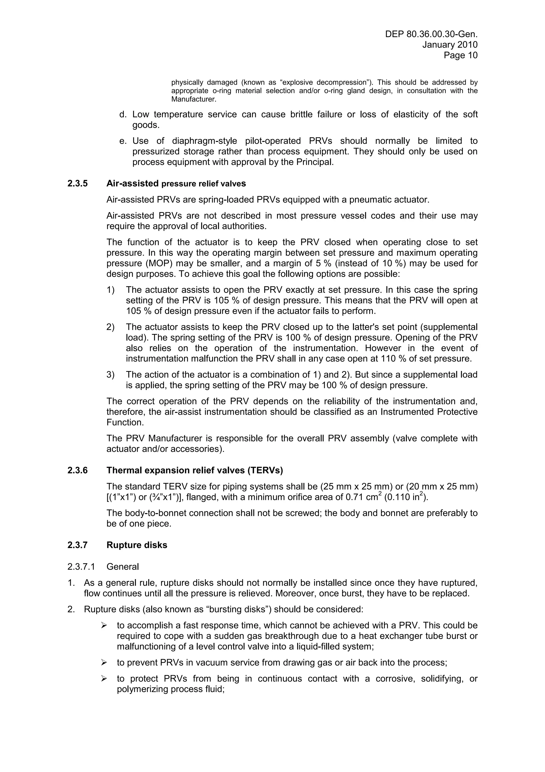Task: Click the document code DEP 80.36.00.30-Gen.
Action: point(431,34)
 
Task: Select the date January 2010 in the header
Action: point(450,45)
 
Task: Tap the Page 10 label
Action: point(460,55)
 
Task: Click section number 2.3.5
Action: point(77,184)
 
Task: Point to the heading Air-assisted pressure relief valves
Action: point(176,184)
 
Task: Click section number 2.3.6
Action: point(77,470)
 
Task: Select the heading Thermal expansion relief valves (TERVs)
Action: point(195,470)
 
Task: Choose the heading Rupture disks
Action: point(137,545)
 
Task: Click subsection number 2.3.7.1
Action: point(81,567)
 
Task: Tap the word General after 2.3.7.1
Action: point(123,567)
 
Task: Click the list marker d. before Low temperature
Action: point(123,115)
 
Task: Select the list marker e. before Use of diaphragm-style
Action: point(123,141)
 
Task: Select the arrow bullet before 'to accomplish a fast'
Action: point(104,626)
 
